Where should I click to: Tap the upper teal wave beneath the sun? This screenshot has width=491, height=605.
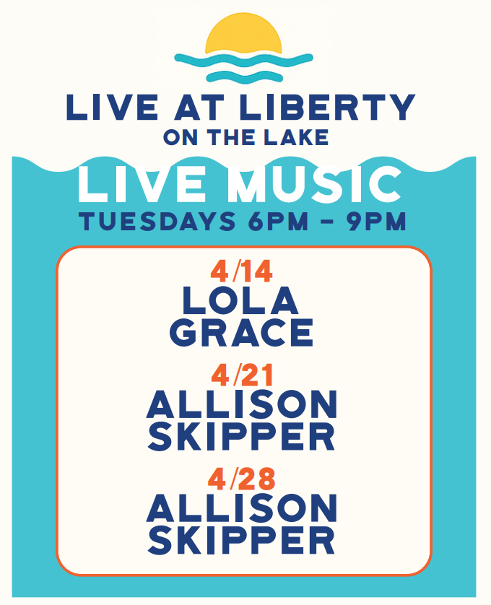[243, 60]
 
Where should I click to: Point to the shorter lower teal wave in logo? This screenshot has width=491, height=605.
[245, 77]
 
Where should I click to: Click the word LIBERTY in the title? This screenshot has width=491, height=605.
[327, 107]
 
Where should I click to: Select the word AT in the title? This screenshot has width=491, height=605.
[199, 107]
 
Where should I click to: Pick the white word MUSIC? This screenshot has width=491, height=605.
[314, 184]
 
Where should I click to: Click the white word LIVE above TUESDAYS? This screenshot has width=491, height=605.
[142, 184]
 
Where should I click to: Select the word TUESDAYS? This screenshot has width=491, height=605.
[157, 221]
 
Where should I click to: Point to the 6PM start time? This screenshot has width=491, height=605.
[278, 221]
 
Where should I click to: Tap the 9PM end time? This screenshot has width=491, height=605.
[377, 221]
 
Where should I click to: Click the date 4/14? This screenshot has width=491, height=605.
[242, 271]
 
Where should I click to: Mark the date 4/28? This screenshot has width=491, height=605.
[242, 479]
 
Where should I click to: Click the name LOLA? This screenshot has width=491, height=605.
[240, 300]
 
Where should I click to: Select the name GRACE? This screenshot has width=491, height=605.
[241, 332]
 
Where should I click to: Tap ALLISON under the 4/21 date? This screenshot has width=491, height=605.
[242, 404]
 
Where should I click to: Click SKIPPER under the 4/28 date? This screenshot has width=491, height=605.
[241, 540]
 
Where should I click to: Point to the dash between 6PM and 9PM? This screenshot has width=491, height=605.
[328, 222]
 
